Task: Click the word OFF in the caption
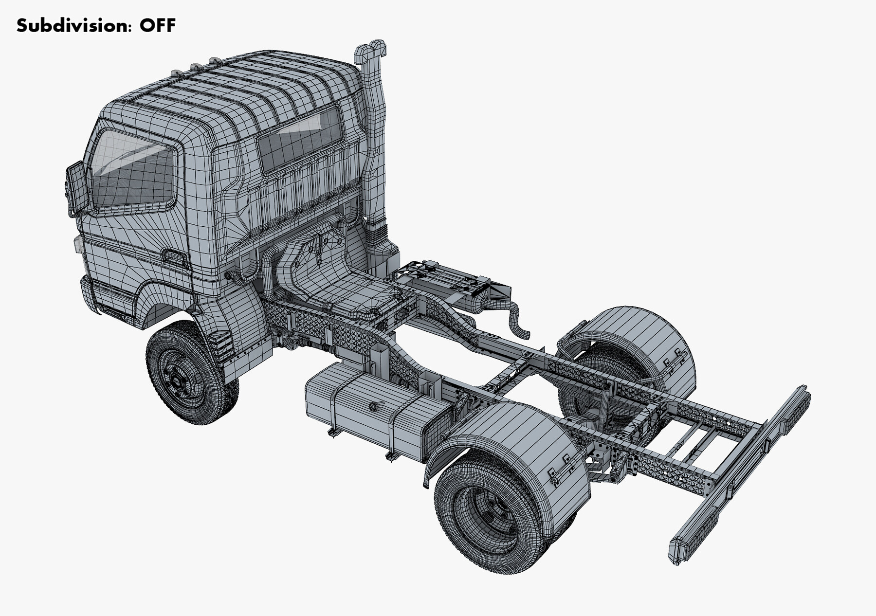click(x=157, y=25)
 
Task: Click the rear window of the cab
click(x=301, y=138)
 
